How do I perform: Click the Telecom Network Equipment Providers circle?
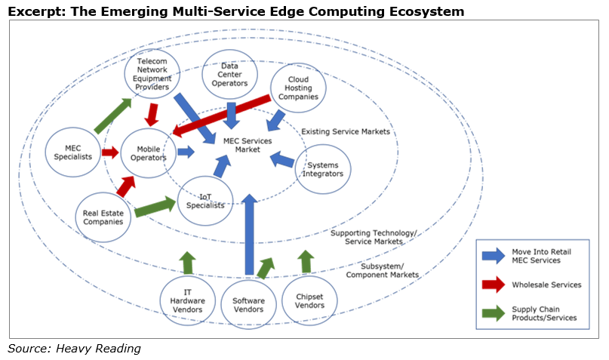[152, 74]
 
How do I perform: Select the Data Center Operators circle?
[229, 74]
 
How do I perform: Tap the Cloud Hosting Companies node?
[298, 88]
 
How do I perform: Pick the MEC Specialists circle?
[73, 152]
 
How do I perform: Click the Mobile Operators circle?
[149, 153]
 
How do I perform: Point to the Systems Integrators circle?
[323, 169]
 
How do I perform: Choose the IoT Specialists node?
[205, 201]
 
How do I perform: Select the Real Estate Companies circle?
[103, 217]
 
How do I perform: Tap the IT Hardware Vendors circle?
[188, 300]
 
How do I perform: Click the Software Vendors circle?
[248, 304]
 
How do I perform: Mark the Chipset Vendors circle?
[309, 300]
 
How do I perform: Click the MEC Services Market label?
[248, 145]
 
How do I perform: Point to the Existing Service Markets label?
[346, 131]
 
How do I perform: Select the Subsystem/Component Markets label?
[382, 270]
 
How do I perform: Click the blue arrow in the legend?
[494, 256]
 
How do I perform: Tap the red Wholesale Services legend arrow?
[494, 285]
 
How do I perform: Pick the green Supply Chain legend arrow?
[494, 313]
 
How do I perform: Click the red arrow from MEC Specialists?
[110, 152]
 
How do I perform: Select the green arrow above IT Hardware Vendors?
[188, 263]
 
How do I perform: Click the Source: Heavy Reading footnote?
[74, 349]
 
